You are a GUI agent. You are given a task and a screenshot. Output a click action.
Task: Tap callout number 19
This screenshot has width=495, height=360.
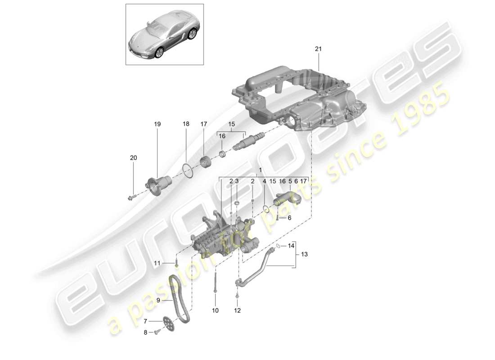[x=157, y=123]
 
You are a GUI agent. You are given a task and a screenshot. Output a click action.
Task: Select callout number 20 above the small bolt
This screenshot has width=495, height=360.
[x=133, y=158]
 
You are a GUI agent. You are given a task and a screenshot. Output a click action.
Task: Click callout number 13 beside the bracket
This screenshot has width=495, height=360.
[x=304, y=255]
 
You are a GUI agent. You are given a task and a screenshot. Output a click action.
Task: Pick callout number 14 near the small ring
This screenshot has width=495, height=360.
[x=291, y=246]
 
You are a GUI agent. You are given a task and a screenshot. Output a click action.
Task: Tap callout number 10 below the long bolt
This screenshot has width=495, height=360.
[x=215, y=310]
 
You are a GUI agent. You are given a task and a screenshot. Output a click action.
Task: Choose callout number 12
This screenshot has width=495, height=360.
[x=237, y=310]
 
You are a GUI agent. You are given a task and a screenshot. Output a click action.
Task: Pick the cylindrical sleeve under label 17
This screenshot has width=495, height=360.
[x=206, y=161]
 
